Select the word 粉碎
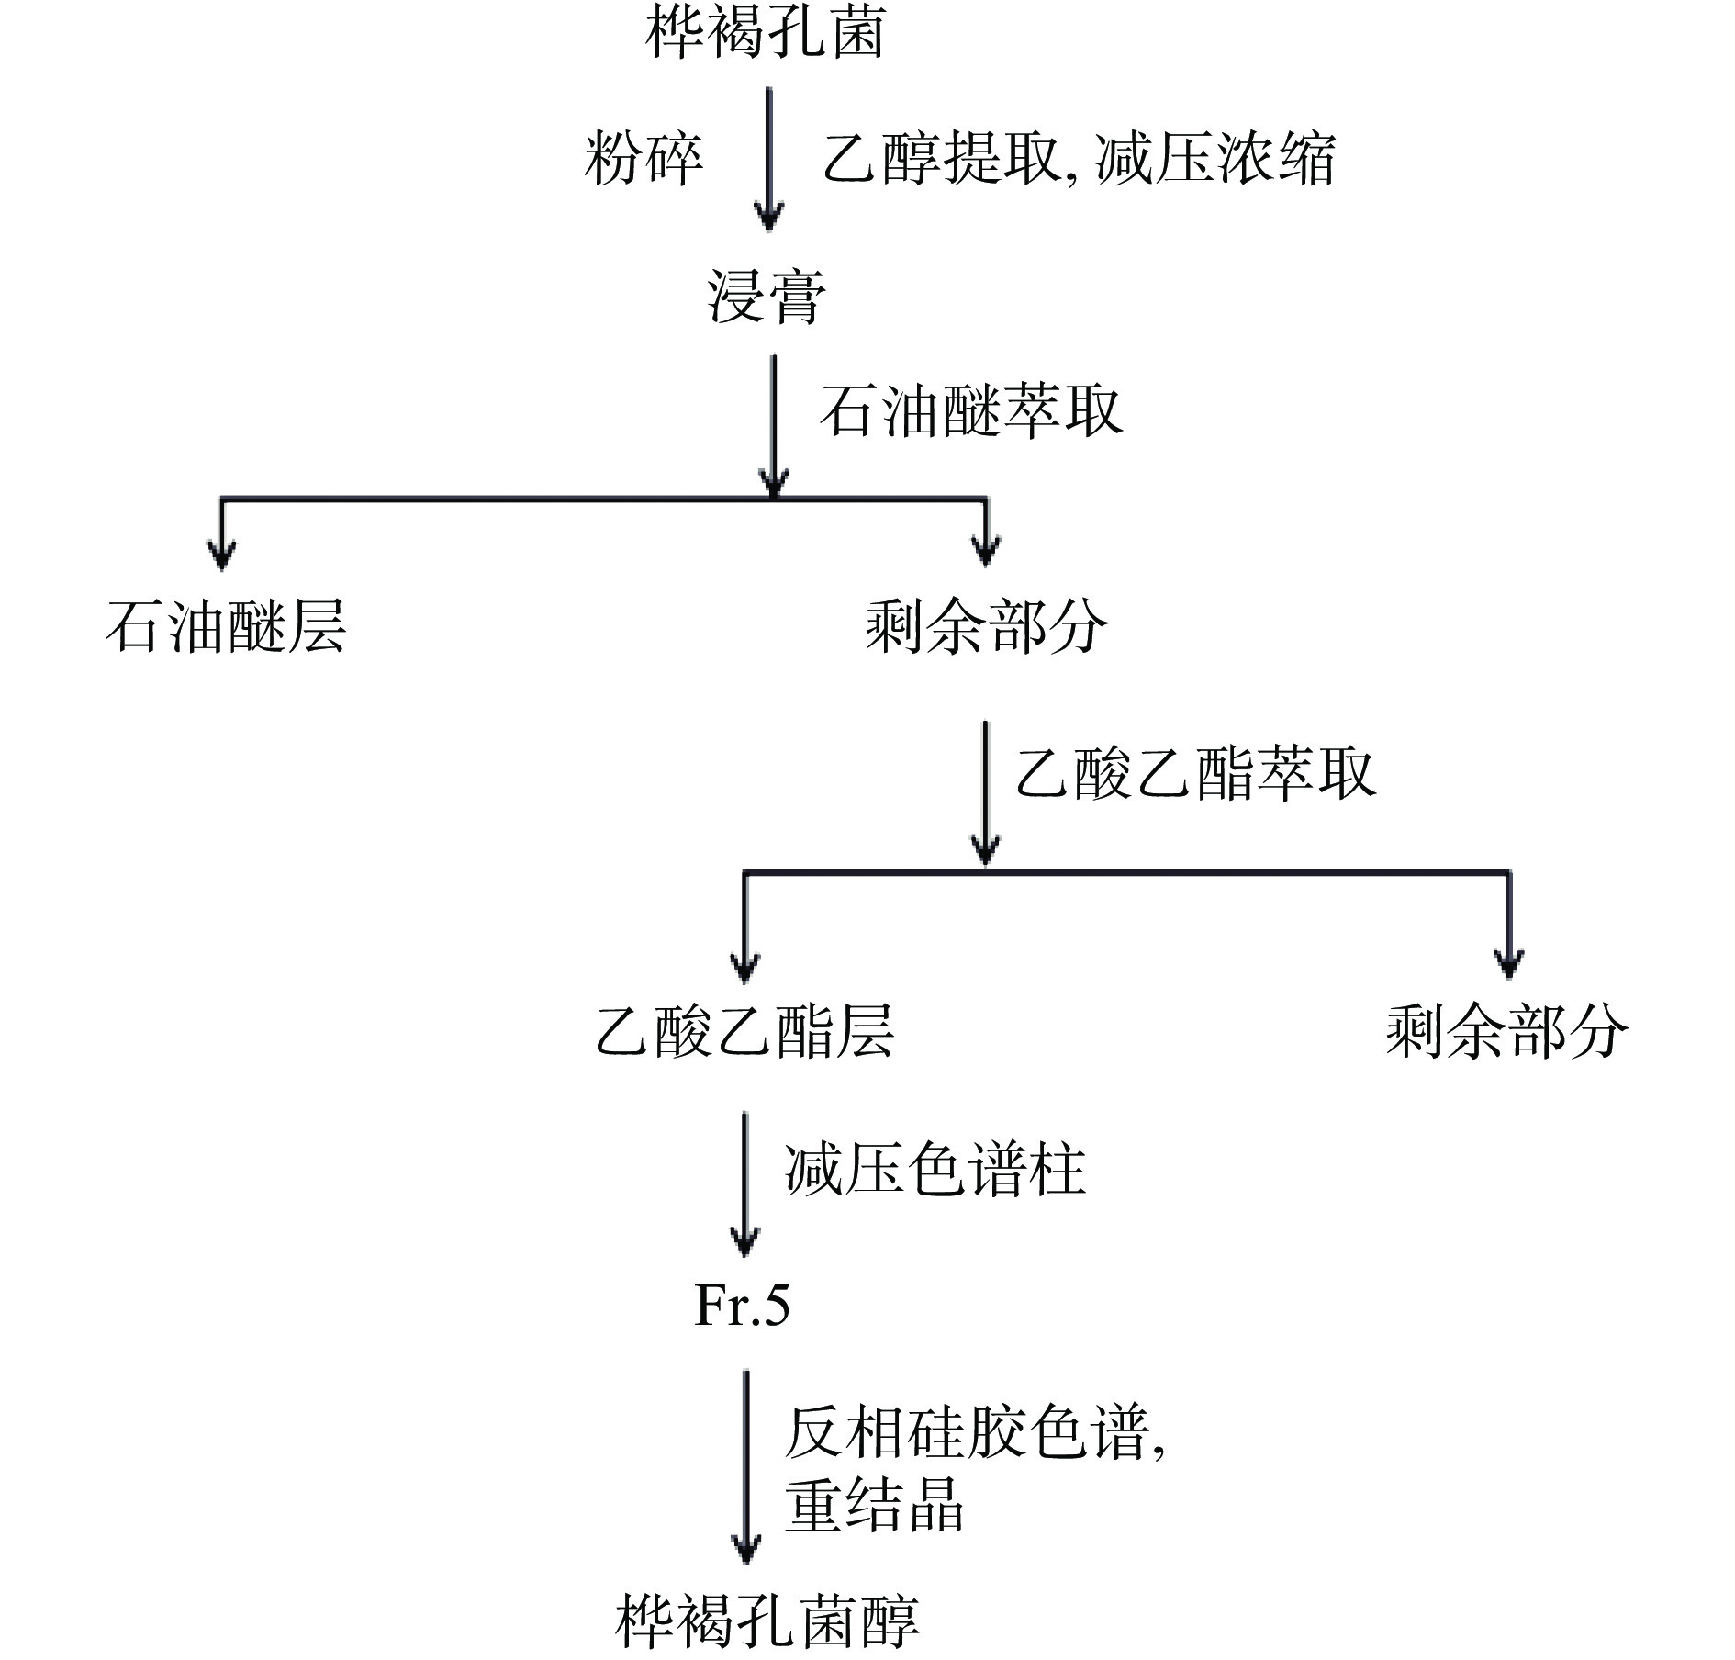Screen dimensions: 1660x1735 pos(644,158)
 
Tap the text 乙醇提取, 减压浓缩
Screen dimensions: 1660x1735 pos(1078,158)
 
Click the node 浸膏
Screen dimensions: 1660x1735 pos(766,296)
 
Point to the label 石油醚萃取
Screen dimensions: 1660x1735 pos(970,409)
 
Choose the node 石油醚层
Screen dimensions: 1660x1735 pos(226,627)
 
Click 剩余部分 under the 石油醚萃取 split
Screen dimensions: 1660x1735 pos(986,627)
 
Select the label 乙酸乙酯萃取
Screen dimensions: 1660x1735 pos(1195,773)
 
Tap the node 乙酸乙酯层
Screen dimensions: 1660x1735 pos(744,1031)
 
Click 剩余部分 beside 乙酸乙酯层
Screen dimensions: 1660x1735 pos(1506,1031)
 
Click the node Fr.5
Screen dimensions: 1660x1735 pos(742,1305)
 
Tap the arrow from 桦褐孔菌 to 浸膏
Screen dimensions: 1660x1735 pos(769,158)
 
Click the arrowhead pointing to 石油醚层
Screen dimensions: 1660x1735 pos(222,553)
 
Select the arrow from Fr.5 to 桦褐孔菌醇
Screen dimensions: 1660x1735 pos(745,1469)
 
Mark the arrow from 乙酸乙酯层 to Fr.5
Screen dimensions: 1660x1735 pos(744,1184)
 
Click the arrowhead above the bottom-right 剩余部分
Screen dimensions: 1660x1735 pos(1508,962)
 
